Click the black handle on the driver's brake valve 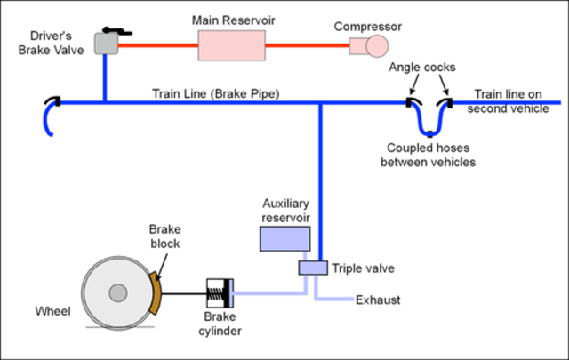tap(115, 29)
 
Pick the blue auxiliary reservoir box tap(284, 238)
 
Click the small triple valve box tap(312, 268)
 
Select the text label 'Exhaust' tap(378, 300)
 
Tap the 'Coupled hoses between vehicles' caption tap(428, 155)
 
